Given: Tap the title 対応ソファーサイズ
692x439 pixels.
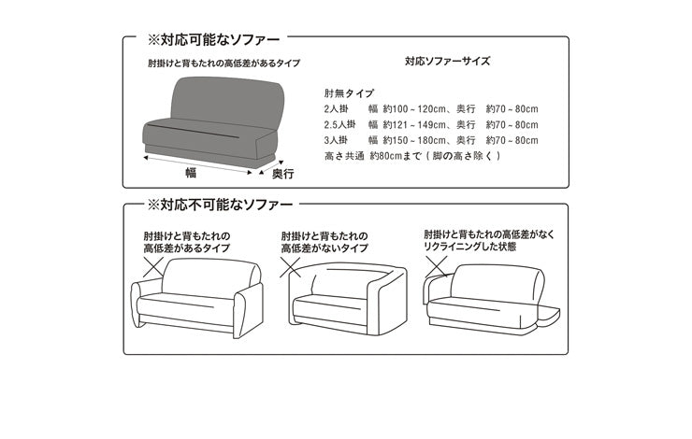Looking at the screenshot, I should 447,61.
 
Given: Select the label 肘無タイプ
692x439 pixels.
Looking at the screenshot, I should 349,93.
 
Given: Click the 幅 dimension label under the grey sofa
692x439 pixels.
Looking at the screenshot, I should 191,172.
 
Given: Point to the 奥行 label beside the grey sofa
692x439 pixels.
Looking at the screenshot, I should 282,173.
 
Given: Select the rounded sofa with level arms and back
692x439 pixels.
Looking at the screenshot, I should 348,298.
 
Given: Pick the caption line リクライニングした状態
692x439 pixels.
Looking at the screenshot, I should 469,249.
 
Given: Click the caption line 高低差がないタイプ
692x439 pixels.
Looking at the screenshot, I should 324,249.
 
